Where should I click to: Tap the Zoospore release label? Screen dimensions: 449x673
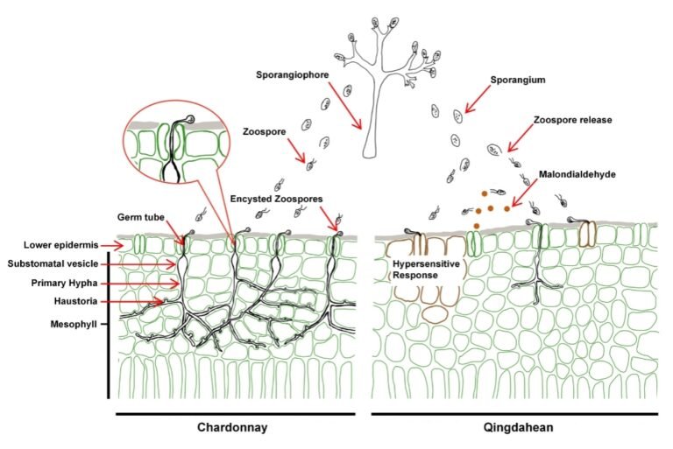(576, 118)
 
